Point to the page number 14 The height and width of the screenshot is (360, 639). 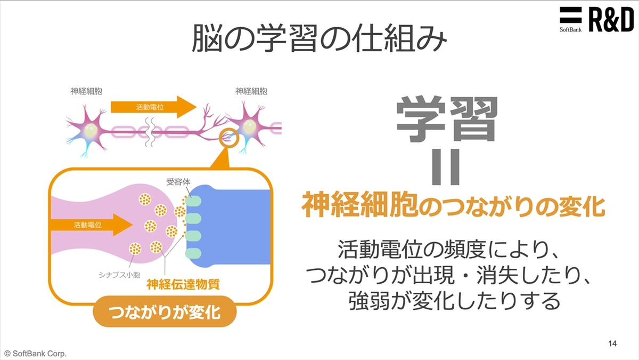(612, 343)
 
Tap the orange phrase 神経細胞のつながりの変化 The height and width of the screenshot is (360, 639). (453, 205)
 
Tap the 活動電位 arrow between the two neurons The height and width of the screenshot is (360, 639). (153, 107)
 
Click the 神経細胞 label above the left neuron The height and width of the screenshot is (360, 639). (86, 91)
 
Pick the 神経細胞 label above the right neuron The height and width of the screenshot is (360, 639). (251, 91)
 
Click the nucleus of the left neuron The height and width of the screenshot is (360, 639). (92, 130)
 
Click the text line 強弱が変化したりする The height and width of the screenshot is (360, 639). (454, 302)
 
